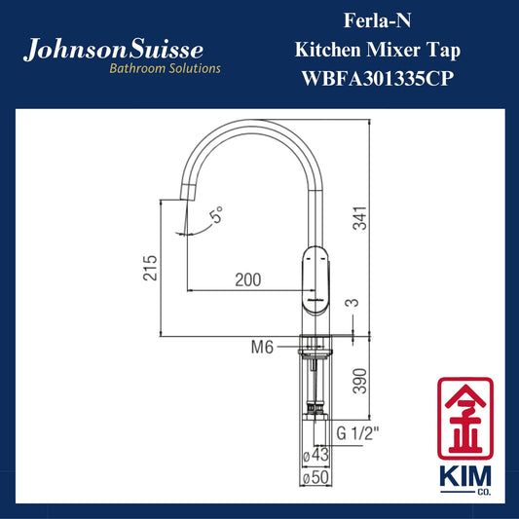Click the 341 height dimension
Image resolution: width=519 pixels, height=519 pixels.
click(x=360, y=218)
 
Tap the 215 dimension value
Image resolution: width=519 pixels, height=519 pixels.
click(x=150, y=268)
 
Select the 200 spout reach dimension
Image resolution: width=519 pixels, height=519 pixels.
click(x=248, y=280)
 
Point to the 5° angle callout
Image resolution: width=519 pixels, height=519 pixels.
click(x=216, y=215)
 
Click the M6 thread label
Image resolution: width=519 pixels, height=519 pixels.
click(x=262, y=348)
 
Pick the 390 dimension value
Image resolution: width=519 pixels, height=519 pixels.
click(x=360, y=381)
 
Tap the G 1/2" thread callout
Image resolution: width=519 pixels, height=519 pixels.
click(x=357, y=433)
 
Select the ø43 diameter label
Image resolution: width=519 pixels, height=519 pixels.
click(x=316, y=455)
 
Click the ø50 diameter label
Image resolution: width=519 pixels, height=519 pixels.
click(x=316, y=478)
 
